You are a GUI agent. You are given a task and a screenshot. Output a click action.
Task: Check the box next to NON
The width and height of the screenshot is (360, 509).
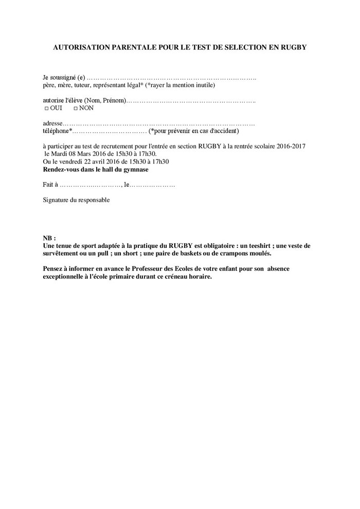[76, 109]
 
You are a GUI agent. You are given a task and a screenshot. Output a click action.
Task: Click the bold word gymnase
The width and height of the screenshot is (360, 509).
[134, 169]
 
